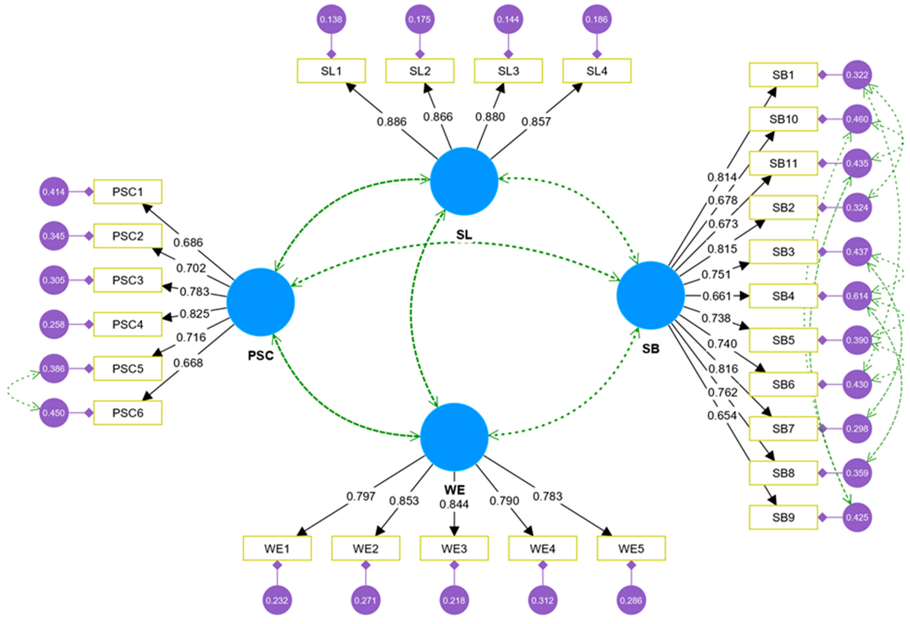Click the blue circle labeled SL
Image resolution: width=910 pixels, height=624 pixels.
pos(464,181)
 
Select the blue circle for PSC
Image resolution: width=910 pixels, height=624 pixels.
pos(260,302)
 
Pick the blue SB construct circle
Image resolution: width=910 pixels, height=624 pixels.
pos(650,295)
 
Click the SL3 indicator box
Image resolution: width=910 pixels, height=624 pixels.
pos(508,71)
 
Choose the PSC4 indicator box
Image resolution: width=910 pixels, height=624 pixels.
pos(128,324)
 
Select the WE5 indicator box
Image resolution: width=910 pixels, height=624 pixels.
pos(631,549)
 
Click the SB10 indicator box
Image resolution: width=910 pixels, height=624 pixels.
pos(783,119)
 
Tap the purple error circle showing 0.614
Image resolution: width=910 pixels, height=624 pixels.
pos(857,296)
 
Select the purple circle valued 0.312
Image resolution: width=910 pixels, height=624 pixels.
pos(542,600)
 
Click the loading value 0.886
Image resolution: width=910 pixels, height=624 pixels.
pos(392,122)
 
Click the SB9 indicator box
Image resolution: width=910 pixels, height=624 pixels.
pos(783,517)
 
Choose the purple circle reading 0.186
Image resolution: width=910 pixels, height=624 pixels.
pos(597,19)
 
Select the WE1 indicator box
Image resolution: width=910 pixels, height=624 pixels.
pos(277,549)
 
